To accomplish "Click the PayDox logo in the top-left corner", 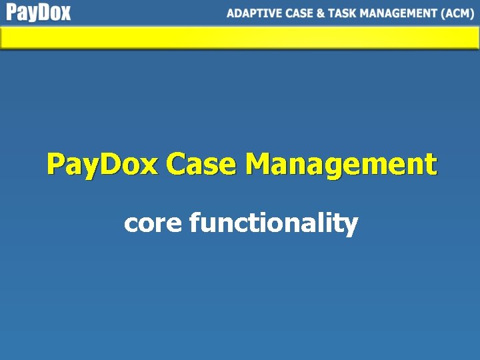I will (39, 13).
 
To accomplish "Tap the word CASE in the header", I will (299, 13).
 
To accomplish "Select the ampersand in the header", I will (321, 13).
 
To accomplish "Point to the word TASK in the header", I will (342, 13).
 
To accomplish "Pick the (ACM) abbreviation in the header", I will (458, 13).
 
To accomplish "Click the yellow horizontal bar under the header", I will (240, 38).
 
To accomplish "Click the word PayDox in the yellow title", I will (103, 164).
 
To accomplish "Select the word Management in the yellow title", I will (341, 164).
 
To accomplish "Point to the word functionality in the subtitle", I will (274, 223).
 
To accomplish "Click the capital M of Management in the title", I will (257, 163).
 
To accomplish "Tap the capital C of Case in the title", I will (176, 163).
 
